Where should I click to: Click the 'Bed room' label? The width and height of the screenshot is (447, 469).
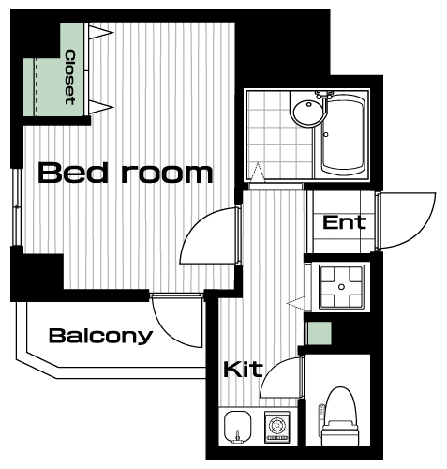coord(126,173)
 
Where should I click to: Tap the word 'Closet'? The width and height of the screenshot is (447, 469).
coord(70,77)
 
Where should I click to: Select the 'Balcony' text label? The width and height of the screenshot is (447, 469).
coord(100,337)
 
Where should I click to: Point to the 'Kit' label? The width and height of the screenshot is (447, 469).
coord(243,370)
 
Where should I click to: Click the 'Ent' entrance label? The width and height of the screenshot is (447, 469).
coord(344,222)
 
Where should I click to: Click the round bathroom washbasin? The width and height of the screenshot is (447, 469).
coord(308,113)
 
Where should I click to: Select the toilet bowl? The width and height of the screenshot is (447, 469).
coord(340,416)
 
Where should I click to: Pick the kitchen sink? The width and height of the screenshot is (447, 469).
coord(238,427)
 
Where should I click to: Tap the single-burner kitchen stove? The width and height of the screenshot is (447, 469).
coord(277,427)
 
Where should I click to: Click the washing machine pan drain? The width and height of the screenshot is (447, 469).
coord(341,287)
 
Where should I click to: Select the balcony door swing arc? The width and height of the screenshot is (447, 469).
coord(169,331)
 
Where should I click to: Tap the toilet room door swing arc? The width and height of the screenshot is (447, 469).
coord(275,369)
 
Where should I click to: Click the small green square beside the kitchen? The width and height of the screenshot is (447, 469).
coord(320,334)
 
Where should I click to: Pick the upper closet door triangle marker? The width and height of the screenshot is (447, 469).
coord(100,32)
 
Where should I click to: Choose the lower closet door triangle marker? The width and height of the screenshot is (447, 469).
coord(100,107)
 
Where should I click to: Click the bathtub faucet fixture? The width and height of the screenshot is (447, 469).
coord(324,94)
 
